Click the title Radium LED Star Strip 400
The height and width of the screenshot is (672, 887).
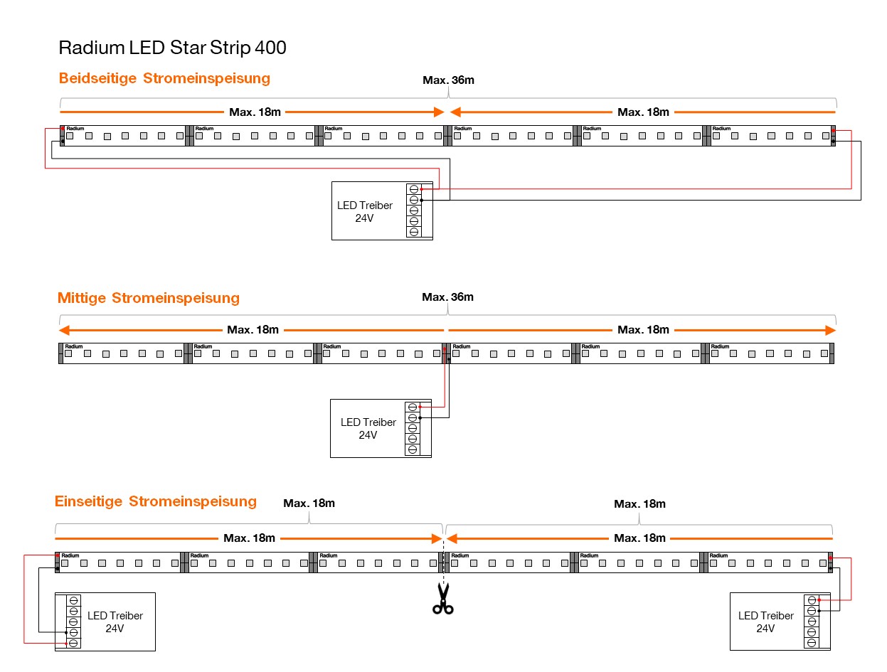[x=172, y=48]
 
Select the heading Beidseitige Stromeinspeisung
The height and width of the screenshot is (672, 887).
[x=164, y=78]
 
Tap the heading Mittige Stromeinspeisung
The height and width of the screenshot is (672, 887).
[x=149, y=298]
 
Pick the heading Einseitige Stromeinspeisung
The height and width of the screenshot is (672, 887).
[x=156, y=501]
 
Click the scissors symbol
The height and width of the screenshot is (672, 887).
[x=443, y=598]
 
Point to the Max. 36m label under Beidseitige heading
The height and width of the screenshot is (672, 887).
[x=448, y=80]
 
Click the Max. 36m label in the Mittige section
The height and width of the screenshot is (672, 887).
[x=447, y=297]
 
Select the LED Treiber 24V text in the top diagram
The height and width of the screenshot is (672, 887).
[x=364, y=211]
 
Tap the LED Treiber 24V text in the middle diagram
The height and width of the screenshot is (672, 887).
[x=368, y=428]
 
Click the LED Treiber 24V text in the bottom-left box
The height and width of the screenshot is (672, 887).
[x=115, y=622]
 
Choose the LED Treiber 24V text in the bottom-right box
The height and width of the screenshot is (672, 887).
[x=766, y=622]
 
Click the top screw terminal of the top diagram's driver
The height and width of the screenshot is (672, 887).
[x=414, y=189]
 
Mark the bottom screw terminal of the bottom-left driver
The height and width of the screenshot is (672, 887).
[x=73, y=644]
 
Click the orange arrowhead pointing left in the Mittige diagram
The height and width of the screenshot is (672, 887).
[x=64, y=330]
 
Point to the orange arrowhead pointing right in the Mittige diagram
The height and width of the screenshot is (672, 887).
[x=830, y=330]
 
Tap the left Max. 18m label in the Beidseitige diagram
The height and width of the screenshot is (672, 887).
[x=254, y=112]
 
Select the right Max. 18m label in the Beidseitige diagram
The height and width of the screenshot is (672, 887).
[x=643, y=112]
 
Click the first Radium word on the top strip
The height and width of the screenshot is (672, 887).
[x=75, y=129]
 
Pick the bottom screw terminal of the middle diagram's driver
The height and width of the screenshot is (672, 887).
[x=413, y=449]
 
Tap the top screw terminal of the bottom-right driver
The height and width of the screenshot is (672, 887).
[x=812, y=600]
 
